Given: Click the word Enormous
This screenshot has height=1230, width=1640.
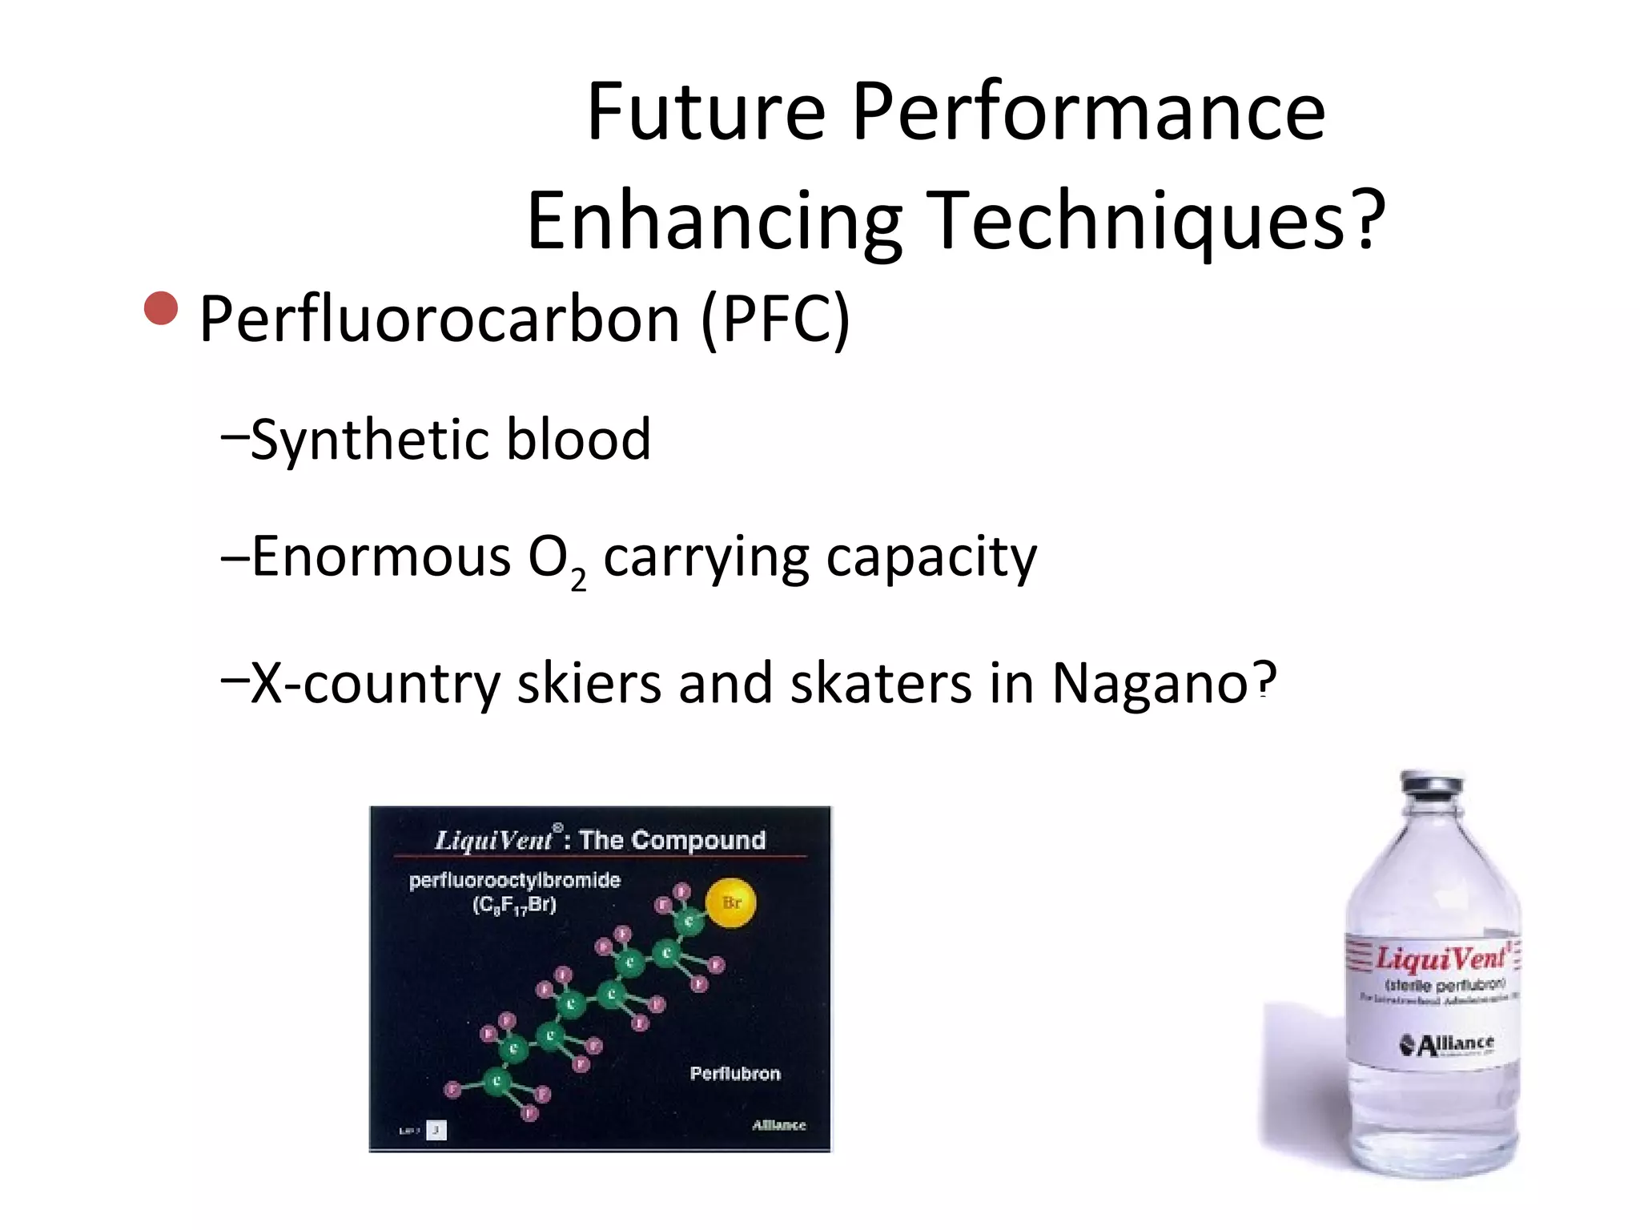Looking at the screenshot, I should coord(381,557).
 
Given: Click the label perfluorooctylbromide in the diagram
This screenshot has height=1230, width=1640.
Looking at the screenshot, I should coord(514,881).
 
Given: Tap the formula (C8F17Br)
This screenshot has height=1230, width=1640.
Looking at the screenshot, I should coord(514,906).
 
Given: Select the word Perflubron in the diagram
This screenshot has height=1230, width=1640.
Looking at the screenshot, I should coord(735,1073).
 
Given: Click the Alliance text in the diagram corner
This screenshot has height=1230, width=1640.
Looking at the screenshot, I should coord(778,1125).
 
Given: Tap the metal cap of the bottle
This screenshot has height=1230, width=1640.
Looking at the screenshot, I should coord(1432,784).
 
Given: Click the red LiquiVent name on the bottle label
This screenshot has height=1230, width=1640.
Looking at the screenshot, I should coord(1441,959).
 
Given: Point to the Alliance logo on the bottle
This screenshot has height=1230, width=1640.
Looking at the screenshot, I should coord(1446,1044).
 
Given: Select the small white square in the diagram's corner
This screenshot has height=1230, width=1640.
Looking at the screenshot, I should coord(436,1130).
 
